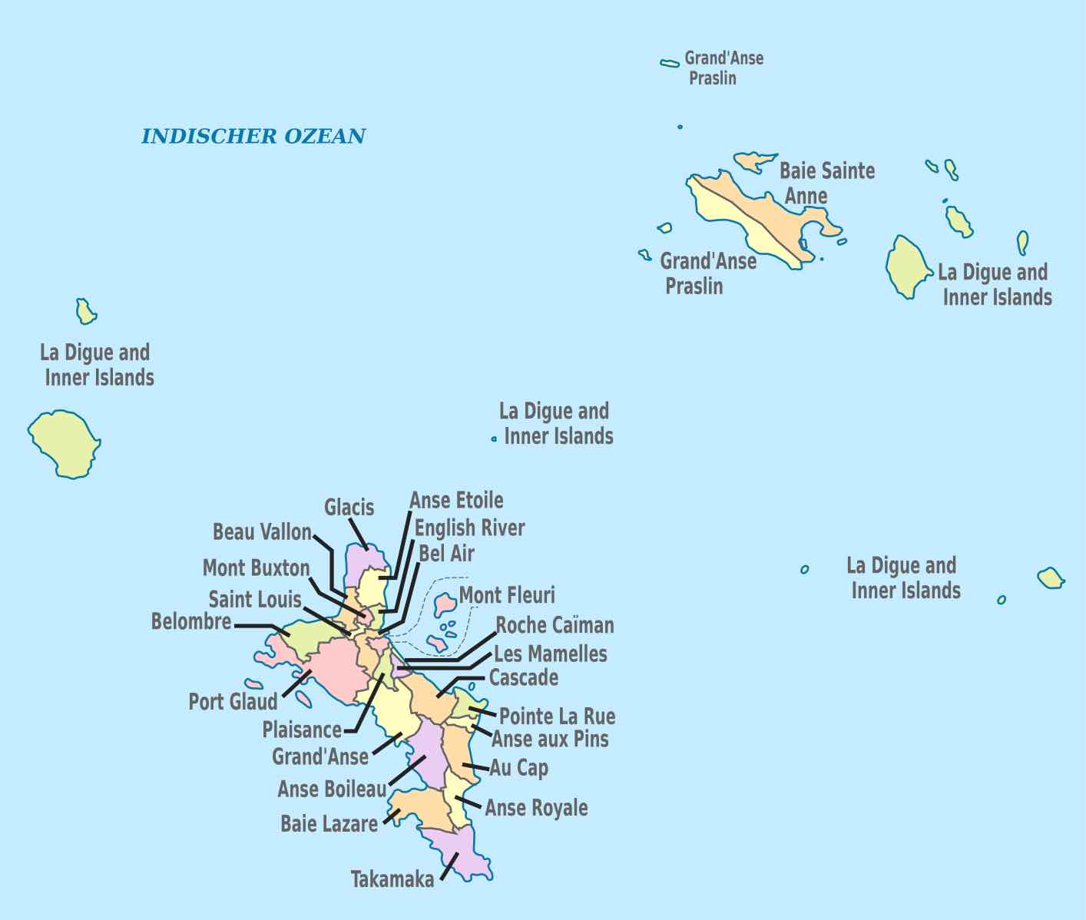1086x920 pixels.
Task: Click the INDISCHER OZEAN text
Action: point(253,137)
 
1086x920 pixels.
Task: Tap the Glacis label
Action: point(349,508)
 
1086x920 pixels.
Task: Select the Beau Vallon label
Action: point(262,532)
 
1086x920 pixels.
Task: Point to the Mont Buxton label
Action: point(256,568)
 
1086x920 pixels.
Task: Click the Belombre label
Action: point(191,621)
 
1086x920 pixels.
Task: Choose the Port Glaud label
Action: point(233,702)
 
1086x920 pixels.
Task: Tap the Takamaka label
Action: point(392,879)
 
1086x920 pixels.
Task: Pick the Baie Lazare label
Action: point(329,824)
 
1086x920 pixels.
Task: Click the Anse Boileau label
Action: point(332,789)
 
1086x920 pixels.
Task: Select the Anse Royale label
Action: point(536,808)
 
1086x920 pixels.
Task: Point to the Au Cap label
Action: point(519,768)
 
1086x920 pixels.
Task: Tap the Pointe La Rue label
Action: point(557,716)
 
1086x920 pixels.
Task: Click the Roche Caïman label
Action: point(555,625)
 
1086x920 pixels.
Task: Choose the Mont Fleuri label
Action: point(507,595)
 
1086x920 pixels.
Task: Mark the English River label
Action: point(469,528)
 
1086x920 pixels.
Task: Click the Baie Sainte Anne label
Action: point(826,183)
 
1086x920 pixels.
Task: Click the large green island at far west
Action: point(65,443)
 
